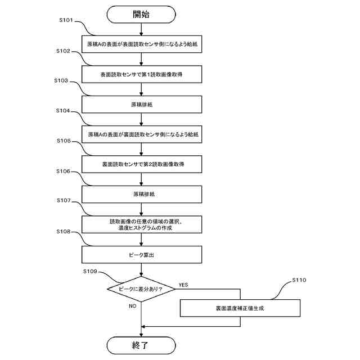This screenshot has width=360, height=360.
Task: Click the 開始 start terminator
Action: point(141,15)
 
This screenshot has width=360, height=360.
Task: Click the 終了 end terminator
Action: point(141,345)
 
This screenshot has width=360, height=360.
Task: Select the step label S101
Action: point(66,20)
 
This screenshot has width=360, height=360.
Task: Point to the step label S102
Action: point(63,51)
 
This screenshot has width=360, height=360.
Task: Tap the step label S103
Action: point(61,80)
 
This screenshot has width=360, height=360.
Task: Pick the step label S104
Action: point(63,111)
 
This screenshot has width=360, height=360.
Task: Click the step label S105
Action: point(64,141)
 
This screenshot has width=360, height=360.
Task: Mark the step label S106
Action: point(64,171)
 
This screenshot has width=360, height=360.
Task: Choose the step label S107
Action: point(64,200)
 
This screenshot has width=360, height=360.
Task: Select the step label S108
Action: point(64,232)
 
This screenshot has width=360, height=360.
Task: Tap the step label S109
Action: point(90,271)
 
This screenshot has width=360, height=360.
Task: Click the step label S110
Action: point(299,280)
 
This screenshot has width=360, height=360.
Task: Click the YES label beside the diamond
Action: point(183,285)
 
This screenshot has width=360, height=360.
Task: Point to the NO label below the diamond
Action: point(133,306)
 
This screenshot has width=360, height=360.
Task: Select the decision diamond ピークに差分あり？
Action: point(141,289)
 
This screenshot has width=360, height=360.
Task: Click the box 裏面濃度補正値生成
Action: point(240,308)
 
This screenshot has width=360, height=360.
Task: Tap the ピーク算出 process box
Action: point(142,255)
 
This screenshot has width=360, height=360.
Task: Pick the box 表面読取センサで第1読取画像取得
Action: point(142,74)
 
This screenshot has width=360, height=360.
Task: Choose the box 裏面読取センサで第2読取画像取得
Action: point(142,164)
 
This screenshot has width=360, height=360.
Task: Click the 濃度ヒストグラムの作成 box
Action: point(142,224)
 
